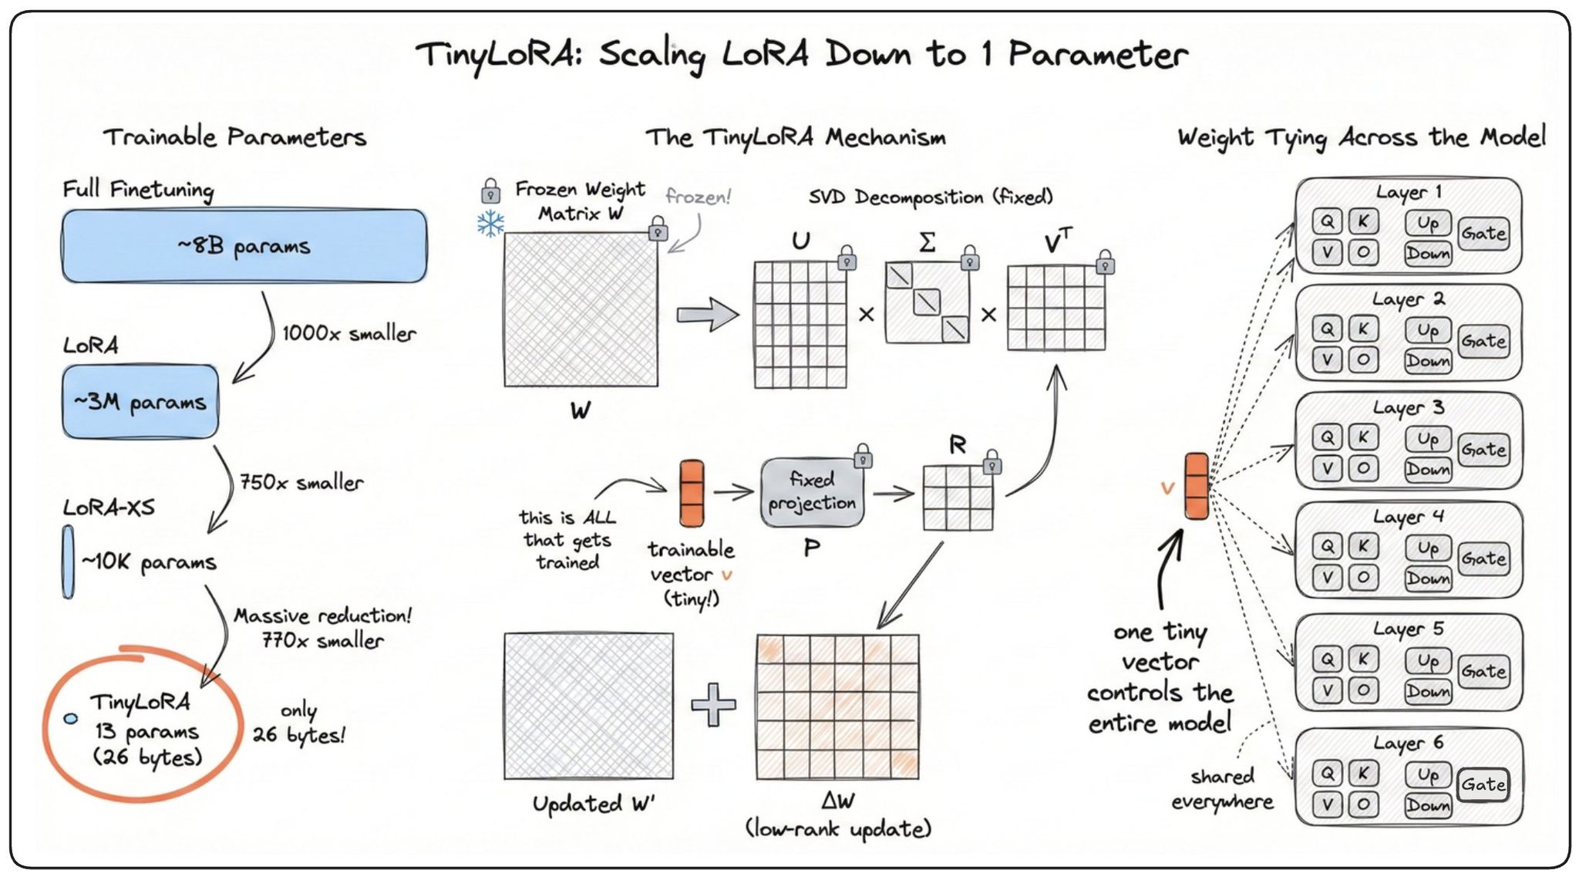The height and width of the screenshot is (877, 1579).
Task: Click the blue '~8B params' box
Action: (244, 245)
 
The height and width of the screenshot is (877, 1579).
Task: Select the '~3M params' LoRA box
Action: (140, 402)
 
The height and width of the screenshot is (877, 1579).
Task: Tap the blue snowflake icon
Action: (490, 224)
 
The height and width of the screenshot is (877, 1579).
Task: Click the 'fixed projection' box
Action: (812, 492)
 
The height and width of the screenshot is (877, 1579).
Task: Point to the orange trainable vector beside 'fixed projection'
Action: (692, 494)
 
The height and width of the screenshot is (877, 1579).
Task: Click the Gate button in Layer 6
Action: (1483, 785)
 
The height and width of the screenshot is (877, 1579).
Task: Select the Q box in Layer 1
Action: (1327, 222)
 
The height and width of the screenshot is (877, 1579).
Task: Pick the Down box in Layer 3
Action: (1427, 469)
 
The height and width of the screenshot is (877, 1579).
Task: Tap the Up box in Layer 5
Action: (1427, 661)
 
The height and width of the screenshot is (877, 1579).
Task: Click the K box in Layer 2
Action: (1363, 329)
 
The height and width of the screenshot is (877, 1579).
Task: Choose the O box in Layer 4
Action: (1363, 578)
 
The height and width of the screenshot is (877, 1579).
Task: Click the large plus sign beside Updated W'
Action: (714, 704)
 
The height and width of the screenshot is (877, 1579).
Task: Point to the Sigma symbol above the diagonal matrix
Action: (928, 242)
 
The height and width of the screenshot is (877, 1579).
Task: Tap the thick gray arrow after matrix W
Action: (707, 315)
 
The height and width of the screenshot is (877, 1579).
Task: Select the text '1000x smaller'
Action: (348, 333)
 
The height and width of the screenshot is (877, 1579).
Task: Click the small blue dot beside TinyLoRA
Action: (71, 718)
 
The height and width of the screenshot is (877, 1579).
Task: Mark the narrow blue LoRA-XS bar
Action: (69, 562)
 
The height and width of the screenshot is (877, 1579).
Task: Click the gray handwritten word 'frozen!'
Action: (698, 197)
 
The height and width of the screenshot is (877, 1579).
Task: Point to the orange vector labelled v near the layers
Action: (1196, 486)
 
